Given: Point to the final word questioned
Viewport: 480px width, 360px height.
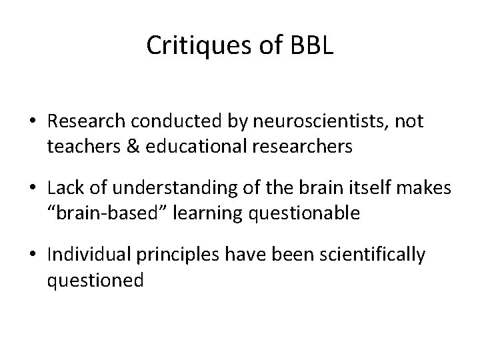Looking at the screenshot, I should (x=95, y=279).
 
